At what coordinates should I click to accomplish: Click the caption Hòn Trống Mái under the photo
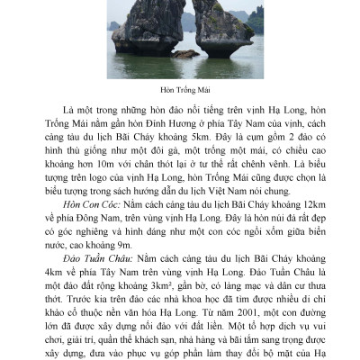180,90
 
